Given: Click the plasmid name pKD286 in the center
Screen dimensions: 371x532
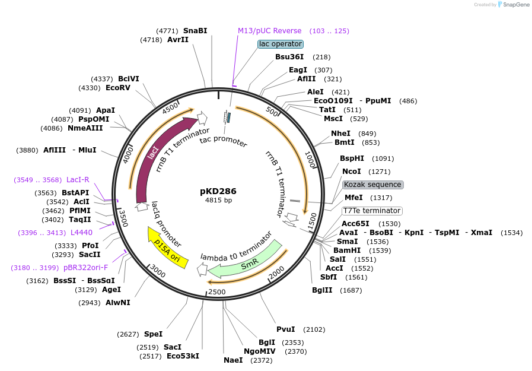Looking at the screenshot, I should tap(218, 191).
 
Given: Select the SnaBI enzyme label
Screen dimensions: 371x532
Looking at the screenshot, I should tap(195, 30).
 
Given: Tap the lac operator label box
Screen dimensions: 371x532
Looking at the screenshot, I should tap(281, 44).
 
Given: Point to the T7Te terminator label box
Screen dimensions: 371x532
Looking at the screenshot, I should tap(372, 211).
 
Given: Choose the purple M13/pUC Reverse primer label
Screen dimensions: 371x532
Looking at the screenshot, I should tap(270, 30).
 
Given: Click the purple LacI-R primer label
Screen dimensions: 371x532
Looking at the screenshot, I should tap(78, 179).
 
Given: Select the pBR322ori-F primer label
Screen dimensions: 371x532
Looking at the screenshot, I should tap(86, 268).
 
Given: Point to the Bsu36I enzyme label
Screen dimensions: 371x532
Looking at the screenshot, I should tap(289, 57).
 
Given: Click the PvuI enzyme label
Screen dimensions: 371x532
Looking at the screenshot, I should tap(286, 329).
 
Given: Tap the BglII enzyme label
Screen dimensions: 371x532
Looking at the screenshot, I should tap(323, 290).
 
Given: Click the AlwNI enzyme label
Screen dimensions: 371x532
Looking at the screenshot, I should tap(118, 303).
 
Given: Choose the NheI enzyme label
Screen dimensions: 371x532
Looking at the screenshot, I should tap(340, 134).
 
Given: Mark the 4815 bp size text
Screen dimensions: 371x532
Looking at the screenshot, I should tap(218, 201).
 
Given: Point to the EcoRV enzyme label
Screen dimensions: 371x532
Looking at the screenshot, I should tap(118, 88).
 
